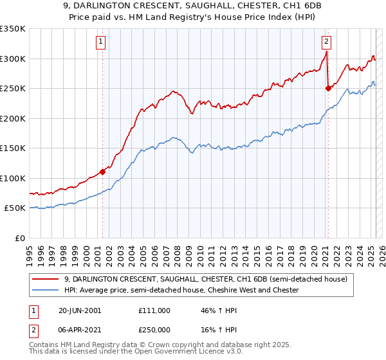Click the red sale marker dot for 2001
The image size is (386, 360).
click(x=102, y=172)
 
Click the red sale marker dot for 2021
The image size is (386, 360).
click(x=327, y=89)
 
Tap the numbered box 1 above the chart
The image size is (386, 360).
click(x=102, y=42)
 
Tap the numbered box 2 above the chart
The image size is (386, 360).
click(x=327, y=42)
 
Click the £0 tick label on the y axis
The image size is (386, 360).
click(x=19, y=238)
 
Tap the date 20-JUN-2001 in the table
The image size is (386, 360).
click(x=79, y=310)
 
